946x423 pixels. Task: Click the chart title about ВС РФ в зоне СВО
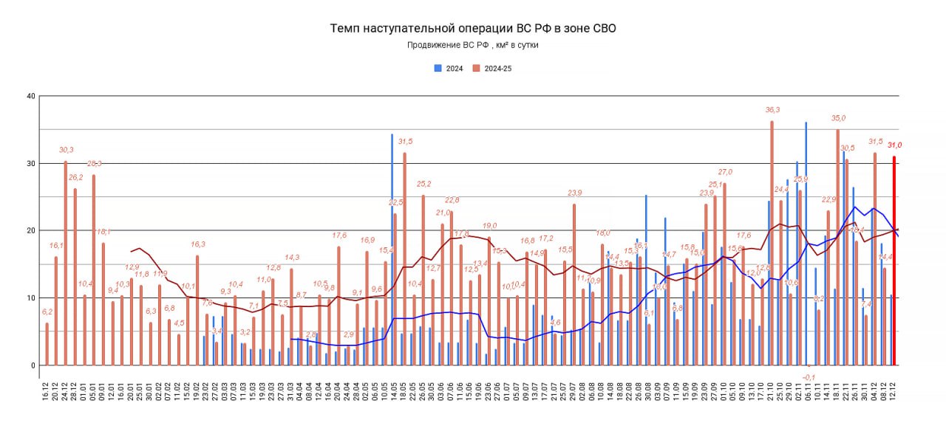[x=472, y=28]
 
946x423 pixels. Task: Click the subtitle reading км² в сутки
[x=472, y=45]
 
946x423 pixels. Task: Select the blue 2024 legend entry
[x=449, y=68]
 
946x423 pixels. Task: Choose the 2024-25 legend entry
[x=492, y=68]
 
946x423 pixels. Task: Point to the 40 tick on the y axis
[x=30, y=96]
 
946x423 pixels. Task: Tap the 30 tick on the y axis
[x=30, y=163]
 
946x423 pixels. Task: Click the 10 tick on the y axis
[x=30, y=298]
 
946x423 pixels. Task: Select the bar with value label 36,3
[x=772, y=243]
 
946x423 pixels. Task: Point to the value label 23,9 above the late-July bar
[x=574, y=193]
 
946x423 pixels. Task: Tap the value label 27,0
[x=724, y=172]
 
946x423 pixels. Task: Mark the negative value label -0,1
[x=808, y=376]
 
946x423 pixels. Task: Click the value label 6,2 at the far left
[x=47, y=312]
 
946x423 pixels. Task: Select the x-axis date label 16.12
[x=47, y=391]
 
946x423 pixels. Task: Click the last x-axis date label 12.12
[x=894, y=391]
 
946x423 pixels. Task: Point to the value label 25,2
[x=423, y=184]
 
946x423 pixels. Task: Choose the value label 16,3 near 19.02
[x=197, y=244]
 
